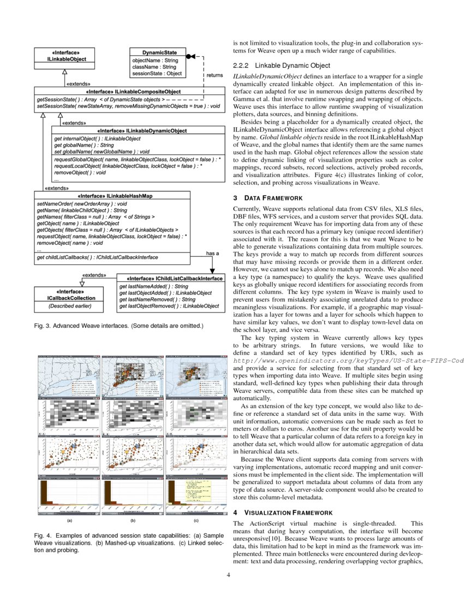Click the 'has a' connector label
pos(212,254)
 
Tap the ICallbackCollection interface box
pos(69,298)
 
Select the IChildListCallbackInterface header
pos(170,278)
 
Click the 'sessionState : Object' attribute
pos(157,73)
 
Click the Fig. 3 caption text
pos(118,326)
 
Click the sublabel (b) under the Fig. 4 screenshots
pos(133,521)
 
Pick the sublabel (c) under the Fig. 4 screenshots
pos(196,521)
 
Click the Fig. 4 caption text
pos(128,542)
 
